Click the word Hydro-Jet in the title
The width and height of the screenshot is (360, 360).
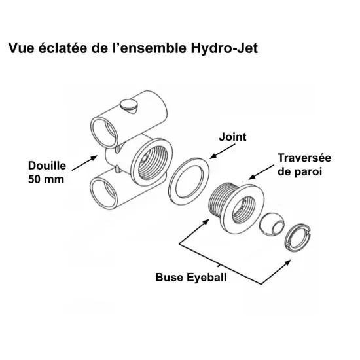[225, 49]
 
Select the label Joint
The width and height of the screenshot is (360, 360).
[232, 137]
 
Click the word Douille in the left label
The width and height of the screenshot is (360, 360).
[47, 166]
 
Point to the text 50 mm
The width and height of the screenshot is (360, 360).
[46, 179]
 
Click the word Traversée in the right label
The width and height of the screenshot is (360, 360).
[304, 158]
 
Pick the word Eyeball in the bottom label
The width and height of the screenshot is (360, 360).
[207, 278]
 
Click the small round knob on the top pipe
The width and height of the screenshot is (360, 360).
[129, 105]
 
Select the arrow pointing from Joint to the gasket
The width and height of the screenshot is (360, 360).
[223, 151]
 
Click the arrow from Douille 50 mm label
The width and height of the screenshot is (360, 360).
[84, 163]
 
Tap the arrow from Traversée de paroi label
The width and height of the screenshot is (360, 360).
[261, 172]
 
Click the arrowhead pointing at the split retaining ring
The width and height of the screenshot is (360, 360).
[287, 262]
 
